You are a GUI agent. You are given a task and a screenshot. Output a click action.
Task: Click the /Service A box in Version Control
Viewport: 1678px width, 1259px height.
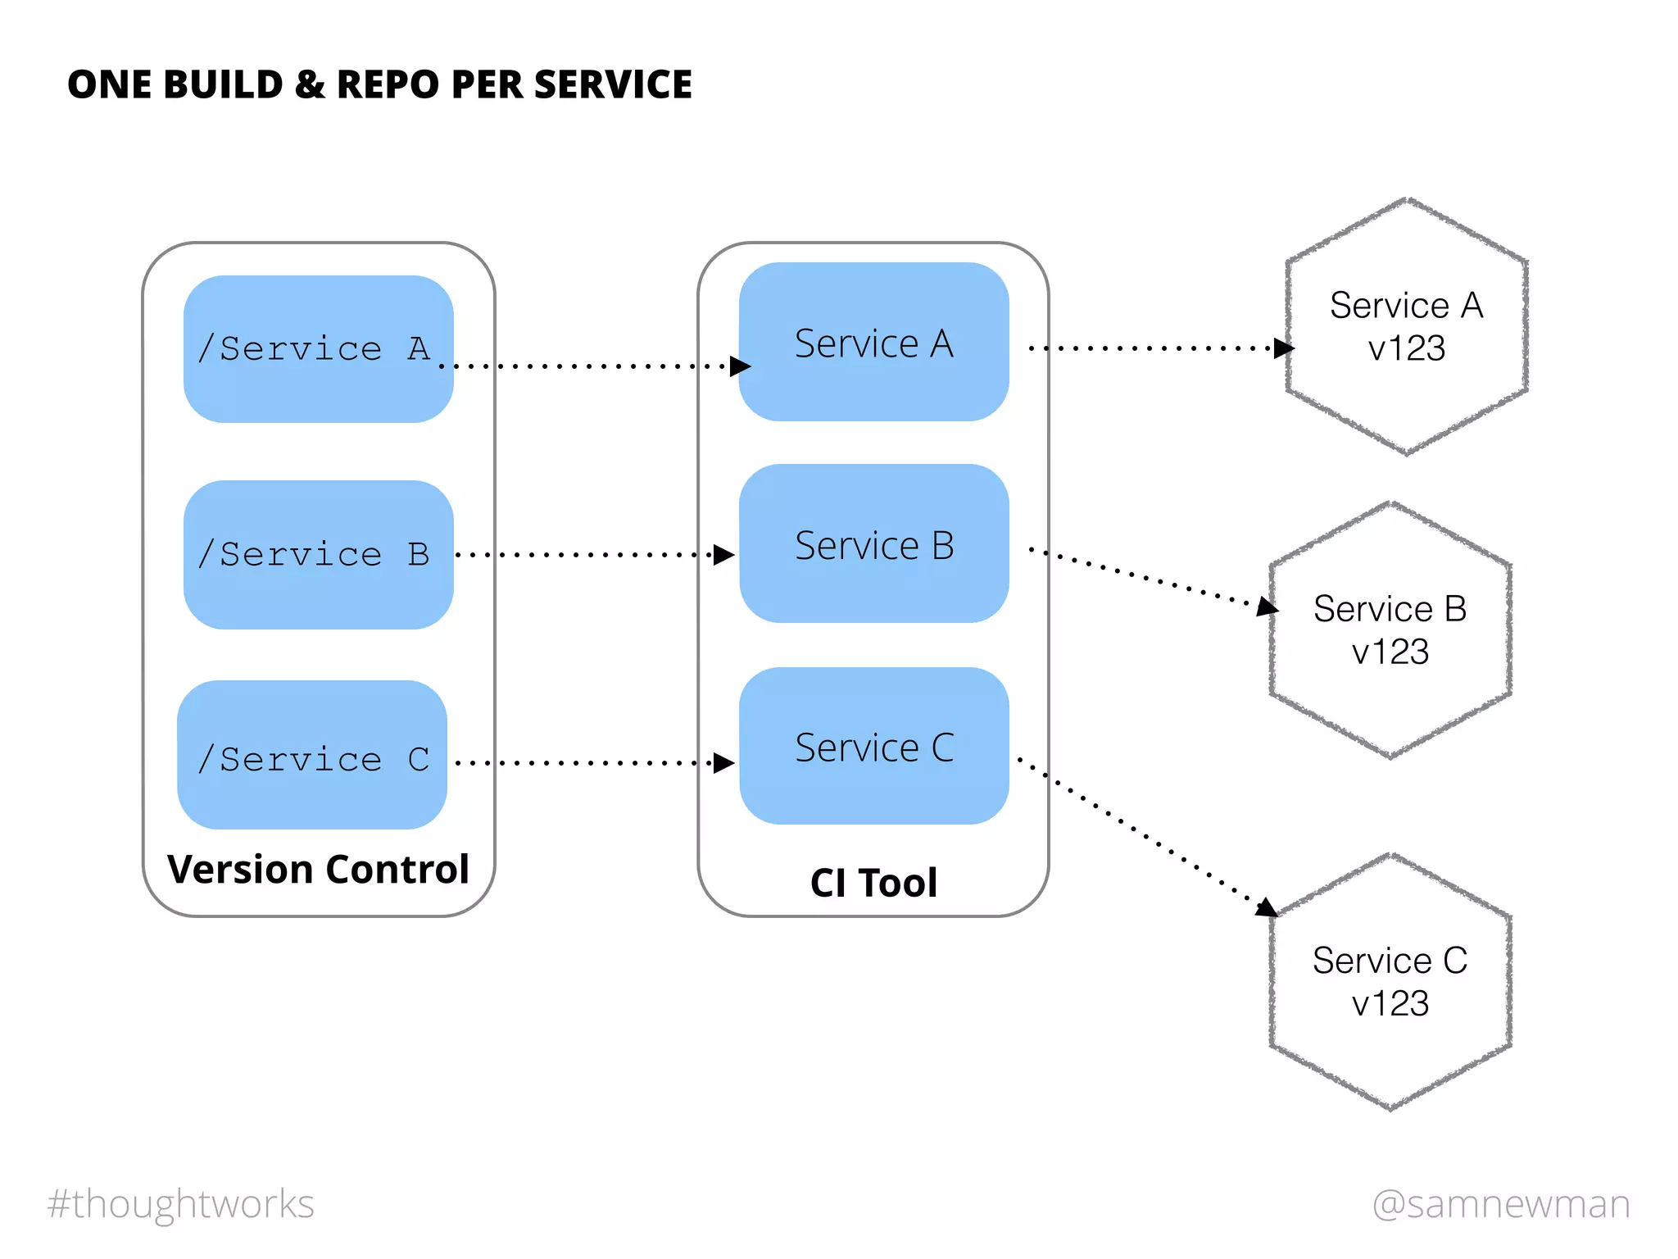(318, 349)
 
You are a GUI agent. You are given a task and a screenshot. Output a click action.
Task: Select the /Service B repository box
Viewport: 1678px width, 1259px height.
(318, 555)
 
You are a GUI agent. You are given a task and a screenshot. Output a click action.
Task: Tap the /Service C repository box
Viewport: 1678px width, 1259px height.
(312, 755)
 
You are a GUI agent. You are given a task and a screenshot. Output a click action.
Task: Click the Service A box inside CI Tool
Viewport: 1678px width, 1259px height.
(873, 342)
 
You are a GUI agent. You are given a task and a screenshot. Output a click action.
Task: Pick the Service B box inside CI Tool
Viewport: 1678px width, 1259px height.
(873, 543)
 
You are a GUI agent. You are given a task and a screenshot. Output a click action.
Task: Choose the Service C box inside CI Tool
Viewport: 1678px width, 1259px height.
(873, 746)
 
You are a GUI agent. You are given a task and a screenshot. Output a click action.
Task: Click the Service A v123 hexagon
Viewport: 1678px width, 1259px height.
(1406, 326)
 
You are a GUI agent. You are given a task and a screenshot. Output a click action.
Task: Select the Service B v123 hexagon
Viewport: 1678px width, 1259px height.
(1390, 629)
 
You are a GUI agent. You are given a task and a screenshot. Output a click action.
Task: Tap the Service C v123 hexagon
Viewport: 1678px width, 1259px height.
(1390, 982)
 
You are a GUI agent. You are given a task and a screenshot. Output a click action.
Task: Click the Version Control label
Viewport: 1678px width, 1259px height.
(318, 869)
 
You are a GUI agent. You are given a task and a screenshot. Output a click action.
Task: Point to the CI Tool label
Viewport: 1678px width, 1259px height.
(873, 883)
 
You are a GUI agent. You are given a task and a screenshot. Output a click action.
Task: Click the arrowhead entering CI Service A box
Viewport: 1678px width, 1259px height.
(741, 366)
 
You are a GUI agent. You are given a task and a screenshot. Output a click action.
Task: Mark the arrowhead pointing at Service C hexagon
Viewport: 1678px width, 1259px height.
(1267, 907)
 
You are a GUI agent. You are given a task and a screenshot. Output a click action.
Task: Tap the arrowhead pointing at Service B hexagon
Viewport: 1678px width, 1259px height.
(1268, 607)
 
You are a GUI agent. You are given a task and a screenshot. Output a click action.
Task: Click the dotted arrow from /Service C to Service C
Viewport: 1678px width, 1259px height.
(586, 763)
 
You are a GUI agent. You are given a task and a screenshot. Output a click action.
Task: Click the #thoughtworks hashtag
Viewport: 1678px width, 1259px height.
(180, 1204)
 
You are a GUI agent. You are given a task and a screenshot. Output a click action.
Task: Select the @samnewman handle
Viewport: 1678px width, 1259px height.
(1501, 1204)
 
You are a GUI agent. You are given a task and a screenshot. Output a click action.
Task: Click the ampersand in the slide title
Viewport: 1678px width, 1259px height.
(310, 84)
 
